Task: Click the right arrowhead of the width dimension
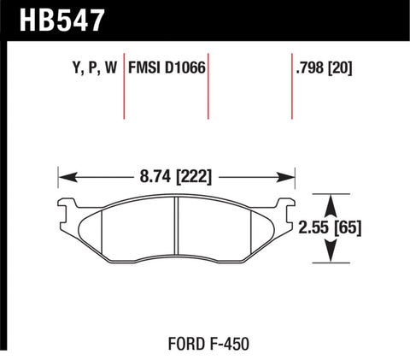coord(290,179)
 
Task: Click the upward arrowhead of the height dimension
coord(329,199)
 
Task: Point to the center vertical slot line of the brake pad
coord(174,227)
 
